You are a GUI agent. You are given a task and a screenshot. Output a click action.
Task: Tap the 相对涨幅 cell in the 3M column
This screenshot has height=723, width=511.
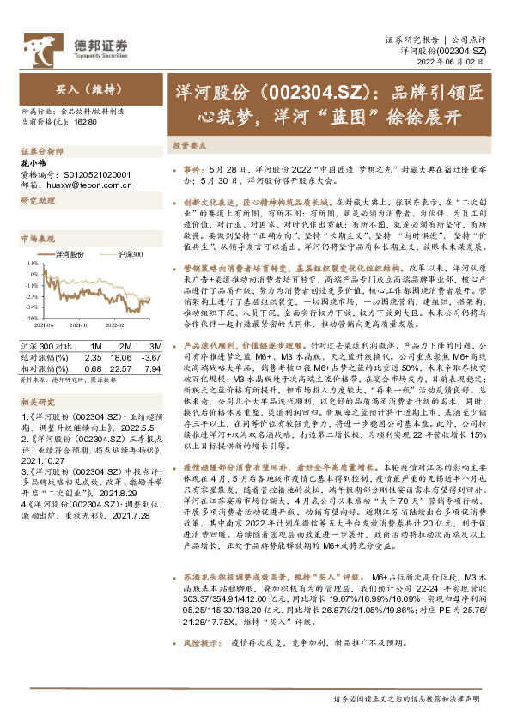[150, 367]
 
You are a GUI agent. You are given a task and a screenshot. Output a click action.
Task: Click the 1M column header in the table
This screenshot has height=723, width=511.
[95, 346]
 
